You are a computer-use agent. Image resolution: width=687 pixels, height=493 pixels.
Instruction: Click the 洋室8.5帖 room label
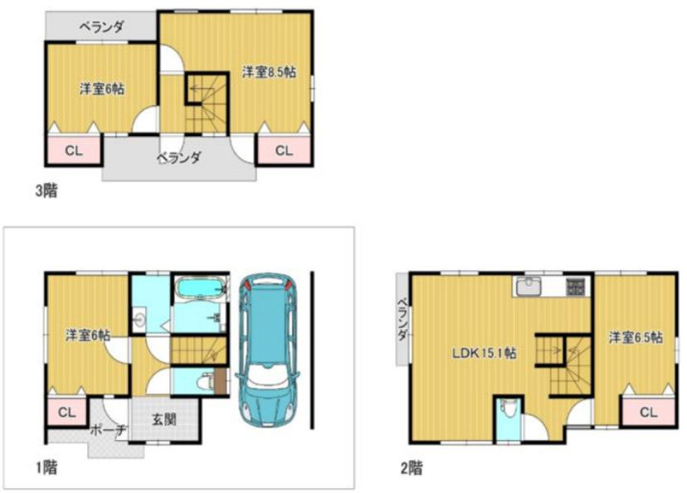(269, 72)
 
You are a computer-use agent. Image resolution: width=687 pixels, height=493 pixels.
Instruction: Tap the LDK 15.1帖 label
(485, 353)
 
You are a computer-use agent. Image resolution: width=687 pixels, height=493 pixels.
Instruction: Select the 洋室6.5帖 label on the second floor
(636, 337)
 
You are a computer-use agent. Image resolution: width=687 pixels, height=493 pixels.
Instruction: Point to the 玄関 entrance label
(164, 419)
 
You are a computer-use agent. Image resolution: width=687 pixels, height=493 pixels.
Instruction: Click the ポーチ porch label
(108, 430)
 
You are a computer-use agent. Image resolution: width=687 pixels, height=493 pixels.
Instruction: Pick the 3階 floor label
(46, 191)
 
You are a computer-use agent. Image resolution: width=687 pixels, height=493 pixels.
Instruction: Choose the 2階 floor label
(412, 468)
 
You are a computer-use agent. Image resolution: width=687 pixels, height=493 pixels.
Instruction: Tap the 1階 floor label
(46, 467)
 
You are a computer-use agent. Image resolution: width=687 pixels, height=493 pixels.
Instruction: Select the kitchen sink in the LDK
(529, 288)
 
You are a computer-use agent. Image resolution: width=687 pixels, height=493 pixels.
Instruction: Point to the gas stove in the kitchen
(575, 287)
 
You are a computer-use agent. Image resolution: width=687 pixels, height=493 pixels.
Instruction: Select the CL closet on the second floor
(649, 412)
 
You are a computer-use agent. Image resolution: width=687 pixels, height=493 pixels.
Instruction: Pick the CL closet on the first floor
(66, 412)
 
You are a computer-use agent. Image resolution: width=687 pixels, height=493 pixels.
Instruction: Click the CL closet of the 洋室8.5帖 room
(284, 151)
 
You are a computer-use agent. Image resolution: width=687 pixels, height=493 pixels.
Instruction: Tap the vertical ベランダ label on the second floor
(402, 320)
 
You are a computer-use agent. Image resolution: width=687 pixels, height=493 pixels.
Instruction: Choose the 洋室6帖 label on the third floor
(102, 89)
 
